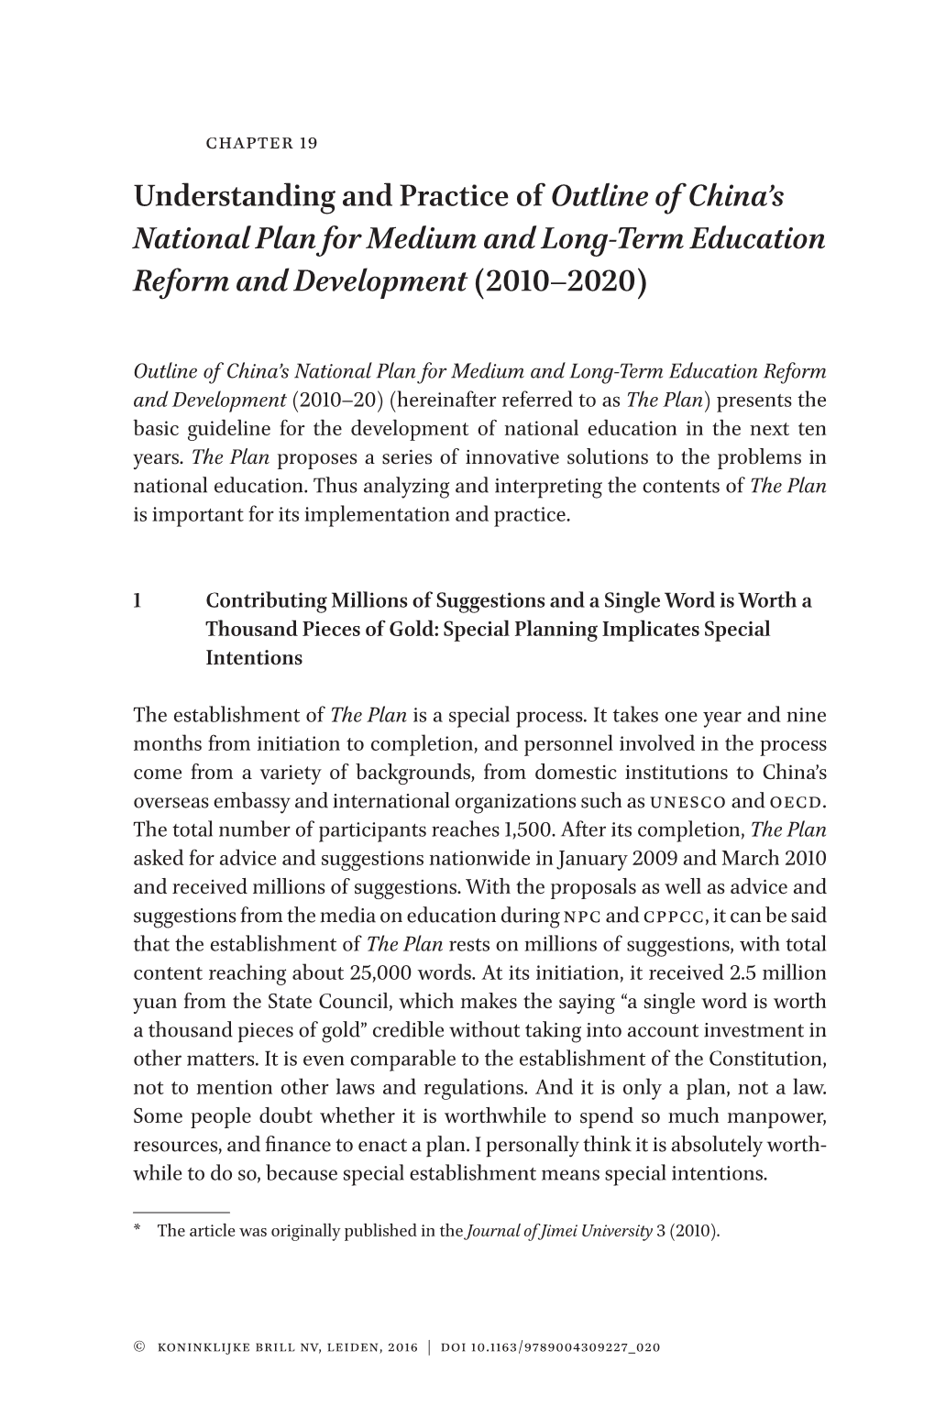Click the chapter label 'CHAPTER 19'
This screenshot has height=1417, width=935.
(x=261, y=143)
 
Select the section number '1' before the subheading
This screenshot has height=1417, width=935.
(x=137, y=601)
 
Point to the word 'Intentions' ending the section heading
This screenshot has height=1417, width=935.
(x=254, y=658)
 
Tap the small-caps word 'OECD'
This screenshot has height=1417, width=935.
(x=797, y=802)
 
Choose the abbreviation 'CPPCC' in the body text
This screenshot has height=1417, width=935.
(x=676, y=917)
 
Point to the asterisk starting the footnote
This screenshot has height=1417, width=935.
(x=138, y=1231)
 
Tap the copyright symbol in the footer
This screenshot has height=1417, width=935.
(x=139, y=1347)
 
